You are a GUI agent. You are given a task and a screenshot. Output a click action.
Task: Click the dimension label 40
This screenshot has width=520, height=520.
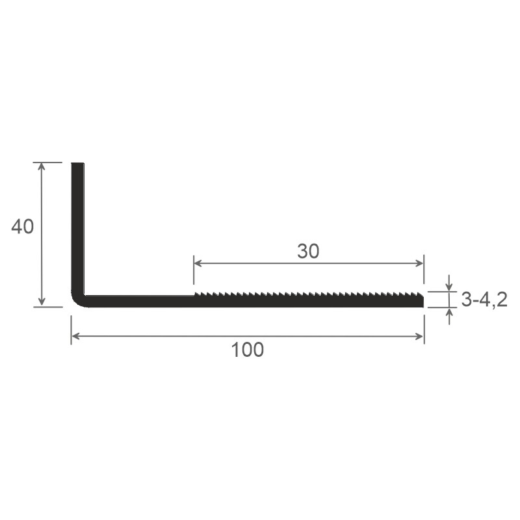pos(23,227)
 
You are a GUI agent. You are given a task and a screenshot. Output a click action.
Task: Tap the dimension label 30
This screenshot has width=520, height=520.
pos(308,251)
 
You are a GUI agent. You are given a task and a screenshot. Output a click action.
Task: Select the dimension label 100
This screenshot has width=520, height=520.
pos(248,350)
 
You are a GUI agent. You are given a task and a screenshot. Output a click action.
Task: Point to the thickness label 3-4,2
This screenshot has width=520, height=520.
pos(484,300)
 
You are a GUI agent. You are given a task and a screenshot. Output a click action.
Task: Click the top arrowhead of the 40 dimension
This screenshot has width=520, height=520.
pos(42,166)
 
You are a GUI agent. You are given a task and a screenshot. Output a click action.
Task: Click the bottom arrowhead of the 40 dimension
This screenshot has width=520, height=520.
pos(42,302)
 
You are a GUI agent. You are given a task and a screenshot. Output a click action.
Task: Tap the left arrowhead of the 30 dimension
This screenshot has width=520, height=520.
pos(198,263)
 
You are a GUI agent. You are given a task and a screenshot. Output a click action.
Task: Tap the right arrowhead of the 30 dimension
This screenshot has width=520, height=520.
pos(420,263)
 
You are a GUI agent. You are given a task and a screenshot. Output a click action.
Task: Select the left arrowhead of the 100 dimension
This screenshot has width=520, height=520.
pos(75,336)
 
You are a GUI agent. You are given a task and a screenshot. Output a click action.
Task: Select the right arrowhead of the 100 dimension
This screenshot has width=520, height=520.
pos(420,336)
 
